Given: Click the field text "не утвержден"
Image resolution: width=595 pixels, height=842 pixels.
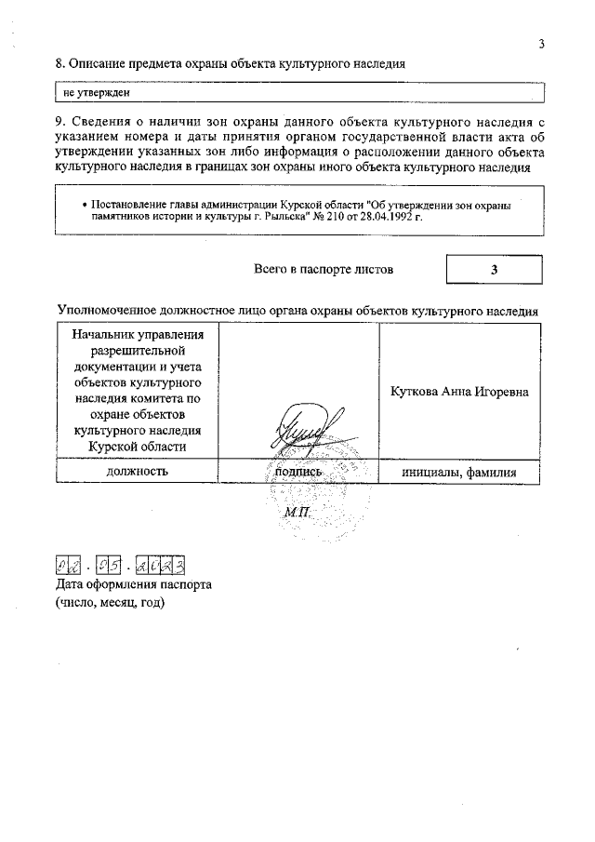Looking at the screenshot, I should coord(96,93).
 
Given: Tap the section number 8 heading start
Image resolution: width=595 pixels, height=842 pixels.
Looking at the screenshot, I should coord(60,64).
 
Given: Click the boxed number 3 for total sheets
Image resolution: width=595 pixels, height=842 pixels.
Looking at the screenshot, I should coord(495,270).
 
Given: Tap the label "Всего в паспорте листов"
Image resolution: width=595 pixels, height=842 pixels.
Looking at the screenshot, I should coord(323,269).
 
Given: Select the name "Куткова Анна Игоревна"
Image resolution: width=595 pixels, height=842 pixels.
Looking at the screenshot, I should coord(459,392).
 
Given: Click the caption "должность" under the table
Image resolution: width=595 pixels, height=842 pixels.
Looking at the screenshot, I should coord(137,472).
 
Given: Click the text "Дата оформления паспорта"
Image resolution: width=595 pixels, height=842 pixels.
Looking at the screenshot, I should coord(134,585).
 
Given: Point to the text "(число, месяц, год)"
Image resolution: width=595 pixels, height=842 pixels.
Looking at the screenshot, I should coord(110,603).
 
